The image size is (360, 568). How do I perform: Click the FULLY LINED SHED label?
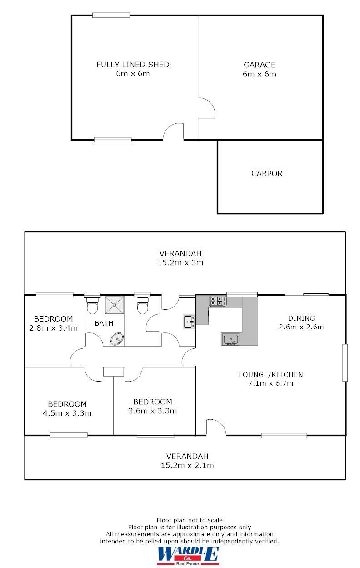click(133, 65)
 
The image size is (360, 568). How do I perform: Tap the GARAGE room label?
click(259, 65)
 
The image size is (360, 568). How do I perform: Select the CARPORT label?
click(269, 173)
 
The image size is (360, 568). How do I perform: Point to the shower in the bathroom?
click(114, 305)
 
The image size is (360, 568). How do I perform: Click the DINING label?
click(301, 318)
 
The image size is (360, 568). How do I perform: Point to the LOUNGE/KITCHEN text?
click(270, 375)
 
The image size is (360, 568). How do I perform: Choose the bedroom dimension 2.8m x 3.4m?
click(54, 327)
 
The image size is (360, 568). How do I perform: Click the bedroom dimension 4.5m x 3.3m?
click(67, 413)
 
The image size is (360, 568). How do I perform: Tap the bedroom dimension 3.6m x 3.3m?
click(152, 411)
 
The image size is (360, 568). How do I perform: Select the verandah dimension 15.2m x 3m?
click(180, 262)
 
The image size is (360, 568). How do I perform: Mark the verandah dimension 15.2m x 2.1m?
click(187, 465)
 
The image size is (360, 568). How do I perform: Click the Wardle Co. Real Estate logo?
click(188, 555)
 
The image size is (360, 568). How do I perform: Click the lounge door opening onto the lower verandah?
click(216, 428)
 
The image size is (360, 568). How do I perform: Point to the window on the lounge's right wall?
click(345, 362)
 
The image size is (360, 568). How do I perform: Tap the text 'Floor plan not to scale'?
click(190, 520)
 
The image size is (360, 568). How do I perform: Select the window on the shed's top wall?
click(111, 15)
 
